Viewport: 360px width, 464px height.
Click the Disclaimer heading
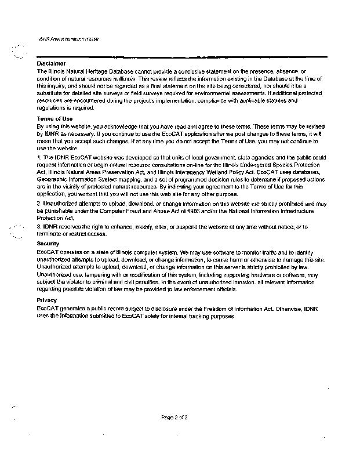coord(49,63)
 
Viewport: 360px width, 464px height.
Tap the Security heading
coord(48,243)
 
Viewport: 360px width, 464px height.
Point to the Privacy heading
coord(47,299)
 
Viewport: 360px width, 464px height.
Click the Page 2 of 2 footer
coord(174,417)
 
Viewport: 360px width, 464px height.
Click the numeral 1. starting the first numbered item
coord(38,157)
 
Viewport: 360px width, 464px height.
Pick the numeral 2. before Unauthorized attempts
coord(38,204)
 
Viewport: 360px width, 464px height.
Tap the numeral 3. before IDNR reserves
coord(38,226)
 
